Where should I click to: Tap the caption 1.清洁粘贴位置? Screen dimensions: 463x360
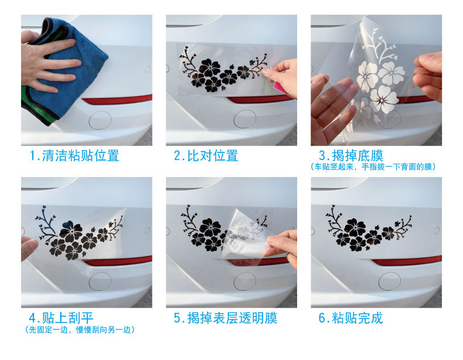74,155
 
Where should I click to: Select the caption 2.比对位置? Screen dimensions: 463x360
206,155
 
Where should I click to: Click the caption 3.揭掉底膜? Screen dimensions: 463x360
351,155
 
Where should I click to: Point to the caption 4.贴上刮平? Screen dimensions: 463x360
61,318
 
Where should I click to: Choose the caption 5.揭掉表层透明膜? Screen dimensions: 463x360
225,318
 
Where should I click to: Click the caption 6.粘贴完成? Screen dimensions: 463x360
350,318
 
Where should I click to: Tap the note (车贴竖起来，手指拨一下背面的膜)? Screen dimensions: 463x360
373,167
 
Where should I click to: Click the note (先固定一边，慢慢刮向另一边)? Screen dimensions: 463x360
80,330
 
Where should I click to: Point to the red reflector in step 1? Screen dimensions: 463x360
117,100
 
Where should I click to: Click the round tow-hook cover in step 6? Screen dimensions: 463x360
390,281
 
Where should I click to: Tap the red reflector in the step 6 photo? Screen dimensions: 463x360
407,261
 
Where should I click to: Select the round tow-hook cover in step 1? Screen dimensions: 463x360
100,120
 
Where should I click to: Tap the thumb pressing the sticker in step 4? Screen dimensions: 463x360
29,247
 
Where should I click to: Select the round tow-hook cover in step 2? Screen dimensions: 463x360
245,119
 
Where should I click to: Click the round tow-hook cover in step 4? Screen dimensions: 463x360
100,281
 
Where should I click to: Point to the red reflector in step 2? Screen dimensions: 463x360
257,99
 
